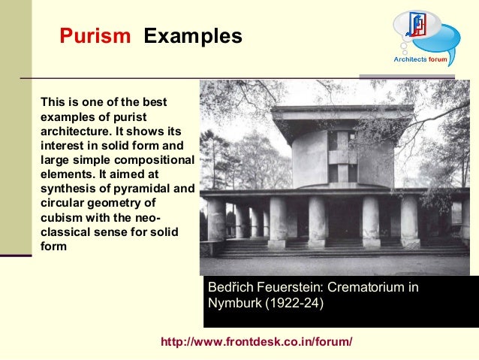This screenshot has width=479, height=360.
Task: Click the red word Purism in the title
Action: click(x=95, y=36)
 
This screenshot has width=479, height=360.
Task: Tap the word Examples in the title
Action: click(x=193, y=36)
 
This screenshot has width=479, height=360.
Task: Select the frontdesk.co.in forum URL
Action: click(x=257, y=343)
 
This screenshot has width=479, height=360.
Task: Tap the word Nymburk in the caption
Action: click(x=233, y=304)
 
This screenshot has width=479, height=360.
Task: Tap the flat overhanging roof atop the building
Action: click(x=342, y=115)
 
